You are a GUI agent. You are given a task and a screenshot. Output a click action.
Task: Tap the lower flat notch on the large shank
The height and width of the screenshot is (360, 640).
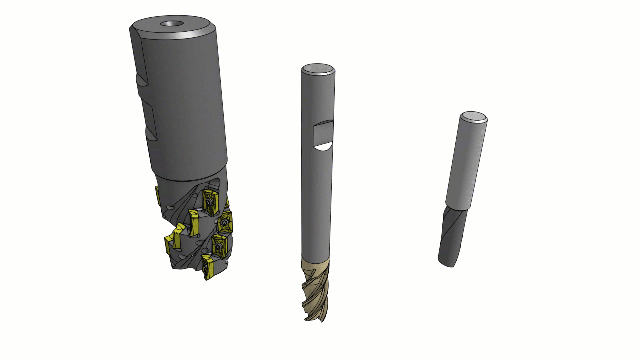point(151,131)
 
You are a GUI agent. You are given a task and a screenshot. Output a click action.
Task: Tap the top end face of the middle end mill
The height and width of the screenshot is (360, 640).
point(318,69)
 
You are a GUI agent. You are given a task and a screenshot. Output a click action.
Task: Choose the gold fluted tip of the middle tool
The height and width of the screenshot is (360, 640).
point(316,287)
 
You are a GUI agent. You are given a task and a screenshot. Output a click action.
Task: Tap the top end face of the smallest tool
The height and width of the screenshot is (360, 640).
point(474,117)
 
